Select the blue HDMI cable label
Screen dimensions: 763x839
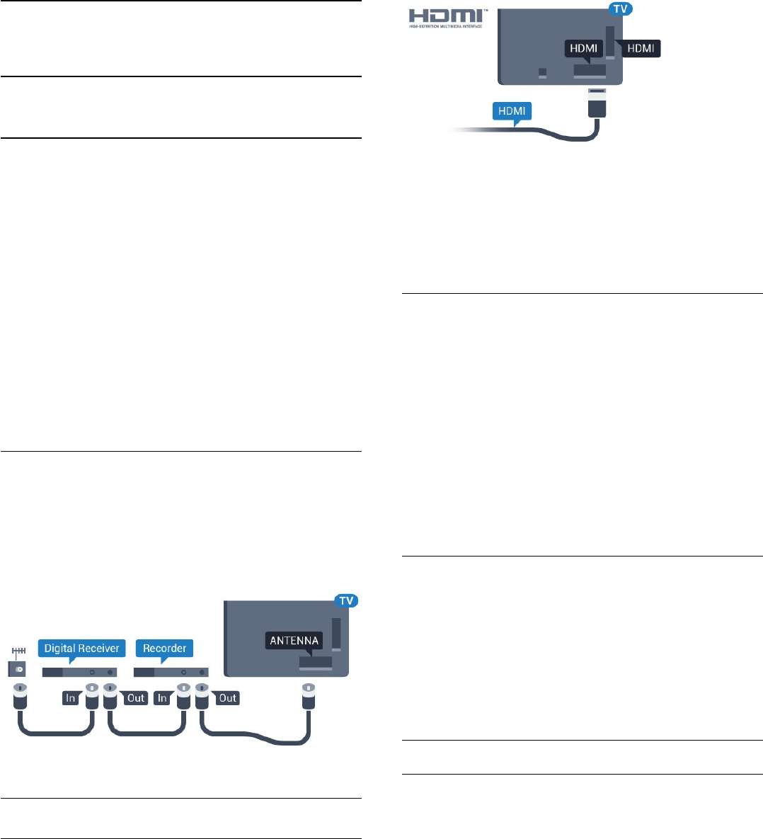(512, 112)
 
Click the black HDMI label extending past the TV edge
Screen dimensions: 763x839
(640, 48)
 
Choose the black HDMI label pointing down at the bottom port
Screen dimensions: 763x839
(584, 48)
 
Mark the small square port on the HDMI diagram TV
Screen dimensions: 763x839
(543, 73)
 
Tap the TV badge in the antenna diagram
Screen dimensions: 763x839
(345, 600)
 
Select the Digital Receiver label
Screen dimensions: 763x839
(82, 648)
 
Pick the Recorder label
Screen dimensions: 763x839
(165, 648)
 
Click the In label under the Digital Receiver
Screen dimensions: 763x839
(70, 698)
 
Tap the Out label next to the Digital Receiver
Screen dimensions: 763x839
(135, 698)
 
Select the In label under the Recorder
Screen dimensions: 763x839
(162, 698)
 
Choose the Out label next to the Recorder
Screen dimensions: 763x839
(227, 698)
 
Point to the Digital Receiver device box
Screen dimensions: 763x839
(80, 672)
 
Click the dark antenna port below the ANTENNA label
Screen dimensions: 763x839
(315, 664)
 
